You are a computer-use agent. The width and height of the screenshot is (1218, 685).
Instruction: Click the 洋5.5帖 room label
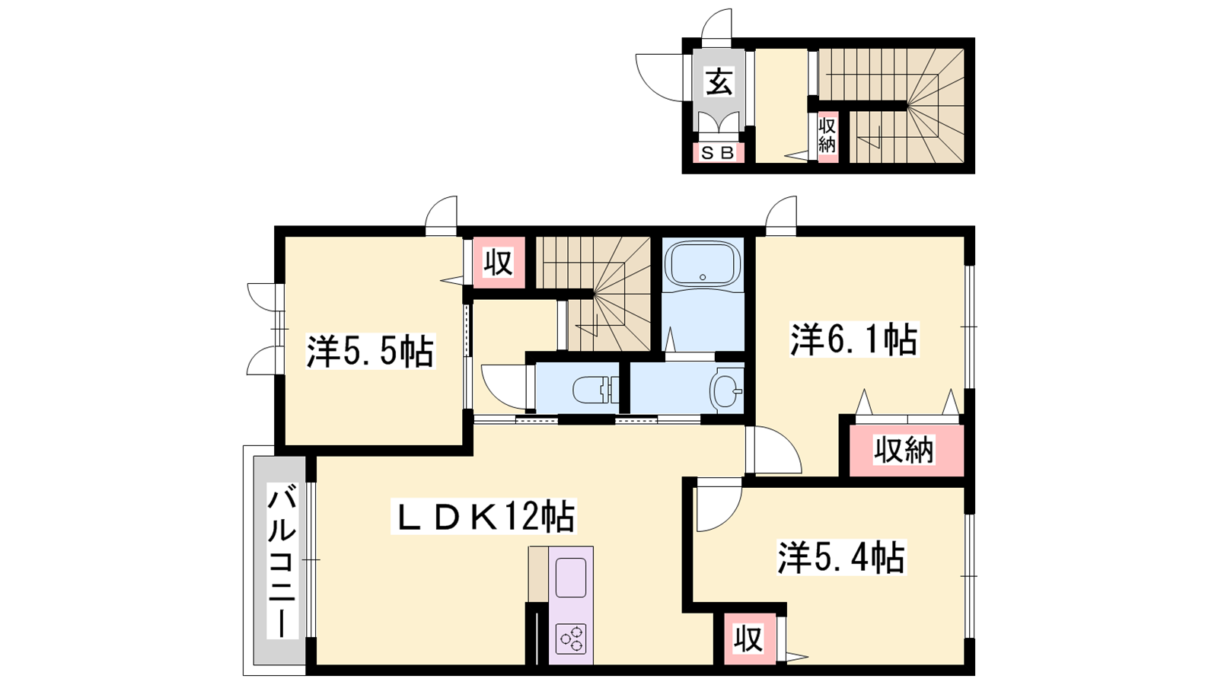point(370,352)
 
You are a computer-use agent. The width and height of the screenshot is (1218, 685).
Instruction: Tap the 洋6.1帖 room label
point(853,339)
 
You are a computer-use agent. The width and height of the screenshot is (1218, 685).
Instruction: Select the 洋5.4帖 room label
point(841,557)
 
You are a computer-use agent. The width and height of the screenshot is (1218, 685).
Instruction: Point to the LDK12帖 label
point(483,516)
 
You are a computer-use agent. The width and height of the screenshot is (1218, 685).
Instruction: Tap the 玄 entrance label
point(719,82)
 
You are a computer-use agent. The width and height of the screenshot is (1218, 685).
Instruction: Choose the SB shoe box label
point(718,153)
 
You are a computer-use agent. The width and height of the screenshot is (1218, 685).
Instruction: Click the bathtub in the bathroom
point(703,263)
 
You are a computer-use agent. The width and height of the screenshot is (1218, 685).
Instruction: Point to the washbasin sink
point(725,390)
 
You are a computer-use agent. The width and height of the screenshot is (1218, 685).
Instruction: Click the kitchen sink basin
point(571,578)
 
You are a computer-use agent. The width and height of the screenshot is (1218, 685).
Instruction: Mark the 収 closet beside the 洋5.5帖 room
point(499,263)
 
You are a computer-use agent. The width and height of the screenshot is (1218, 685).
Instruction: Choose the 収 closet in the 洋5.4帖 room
point(749,639)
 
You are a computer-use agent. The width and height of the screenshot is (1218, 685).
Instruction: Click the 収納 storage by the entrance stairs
point(827,136)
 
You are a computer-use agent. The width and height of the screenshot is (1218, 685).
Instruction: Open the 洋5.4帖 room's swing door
point(719,505)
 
